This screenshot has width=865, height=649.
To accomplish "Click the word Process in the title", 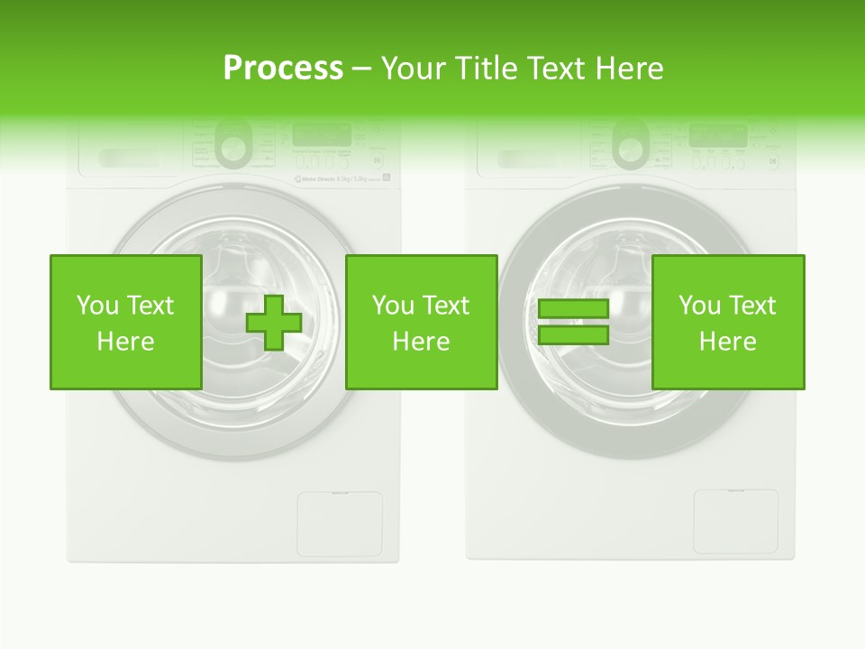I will (x=283, y=69).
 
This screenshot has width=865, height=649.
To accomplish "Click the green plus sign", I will (x=275, y=323).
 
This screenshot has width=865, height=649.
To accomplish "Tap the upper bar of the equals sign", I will (x=573, y=309).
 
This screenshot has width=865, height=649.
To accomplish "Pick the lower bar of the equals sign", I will (x=573, y=335).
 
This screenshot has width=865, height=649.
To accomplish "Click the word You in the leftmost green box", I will (x=96, y=306).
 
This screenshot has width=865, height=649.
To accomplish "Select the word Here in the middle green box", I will (x=421, y=342).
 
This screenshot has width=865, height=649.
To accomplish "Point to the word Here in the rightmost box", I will (x=727, y=342).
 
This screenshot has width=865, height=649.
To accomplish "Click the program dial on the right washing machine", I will (x=631, y=142).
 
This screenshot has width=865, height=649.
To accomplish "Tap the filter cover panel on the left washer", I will (x=340, y=524).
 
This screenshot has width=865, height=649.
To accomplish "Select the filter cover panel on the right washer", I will (x=735, y=522).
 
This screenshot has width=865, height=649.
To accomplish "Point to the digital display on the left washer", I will (x=322, y=135).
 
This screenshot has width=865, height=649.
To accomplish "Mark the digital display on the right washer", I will (x=717, y=135).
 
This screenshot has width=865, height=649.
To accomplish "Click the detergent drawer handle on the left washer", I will (x=126, y=159).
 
